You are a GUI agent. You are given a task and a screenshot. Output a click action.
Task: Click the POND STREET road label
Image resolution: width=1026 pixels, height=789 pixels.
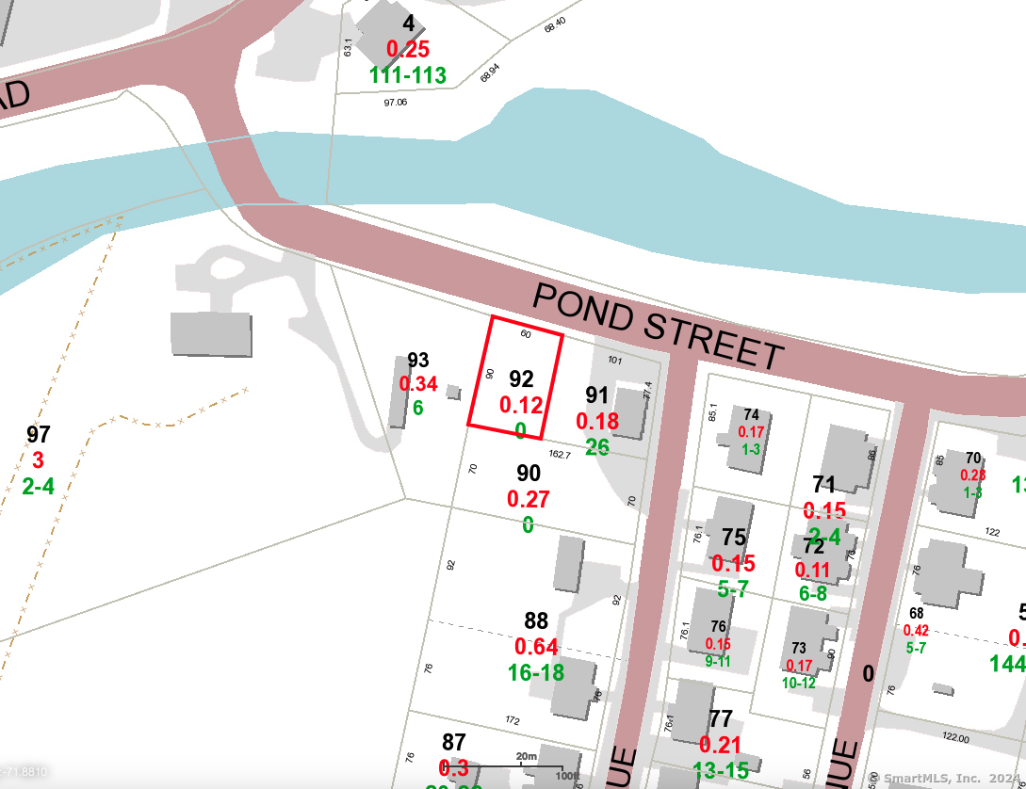658,326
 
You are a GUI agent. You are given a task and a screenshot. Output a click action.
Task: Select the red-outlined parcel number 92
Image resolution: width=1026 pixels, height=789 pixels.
521,379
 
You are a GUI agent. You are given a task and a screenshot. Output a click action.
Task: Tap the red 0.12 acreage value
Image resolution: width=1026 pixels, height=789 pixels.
521,406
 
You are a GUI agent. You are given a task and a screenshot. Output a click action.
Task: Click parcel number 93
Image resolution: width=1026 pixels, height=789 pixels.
418,361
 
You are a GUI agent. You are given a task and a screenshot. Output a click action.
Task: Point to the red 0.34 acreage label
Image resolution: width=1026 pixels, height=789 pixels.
418,384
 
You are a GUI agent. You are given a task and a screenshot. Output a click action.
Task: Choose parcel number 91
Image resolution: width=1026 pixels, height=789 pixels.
597,395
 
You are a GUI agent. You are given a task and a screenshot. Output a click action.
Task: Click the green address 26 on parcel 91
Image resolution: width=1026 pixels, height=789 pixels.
597,446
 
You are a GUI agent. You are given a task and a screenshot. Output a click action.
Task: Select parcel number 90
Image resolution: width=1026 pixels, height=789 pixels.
529,474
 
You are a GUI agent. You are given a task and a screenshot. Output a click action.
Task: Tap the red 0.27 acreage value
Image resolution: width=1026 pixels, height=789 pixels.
528,499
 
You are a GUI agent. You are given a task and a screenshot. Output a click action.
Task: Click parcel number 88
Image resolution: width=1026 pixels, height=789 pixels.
536,621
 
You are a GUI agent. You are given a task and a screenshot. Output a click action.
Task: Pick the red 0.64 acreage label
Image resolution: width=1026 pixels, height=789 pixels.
536,647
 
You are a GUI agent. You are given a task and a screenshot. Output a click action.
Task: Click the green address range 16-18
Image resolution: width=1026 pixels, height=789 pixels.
536,672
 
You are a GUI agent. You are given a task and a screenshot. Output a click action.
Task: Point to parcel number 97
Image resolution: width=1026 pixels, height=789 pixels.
38,435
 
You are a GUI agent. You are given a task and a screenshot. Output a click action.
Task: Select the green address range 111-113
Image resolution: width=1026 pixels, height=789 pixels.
408,75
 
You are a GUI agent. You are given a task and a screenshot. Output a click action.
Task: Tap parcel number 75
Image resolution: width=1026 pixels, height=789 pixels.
734,538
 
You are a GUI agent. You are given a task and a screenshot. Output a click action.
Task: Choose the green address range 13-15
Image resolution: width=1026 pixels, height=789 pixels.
721,770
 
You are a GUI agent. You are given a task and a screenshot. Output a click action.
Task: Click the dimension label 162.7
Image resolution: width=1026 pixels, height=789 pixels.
560,455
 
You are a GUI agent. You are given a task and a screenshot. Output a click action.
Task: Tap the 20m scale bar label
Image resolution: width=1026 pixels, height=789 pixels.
526,756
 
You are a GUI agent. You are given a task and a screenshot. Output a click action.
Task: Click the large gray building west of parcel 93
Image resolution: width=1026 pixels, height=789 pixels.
211,334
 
